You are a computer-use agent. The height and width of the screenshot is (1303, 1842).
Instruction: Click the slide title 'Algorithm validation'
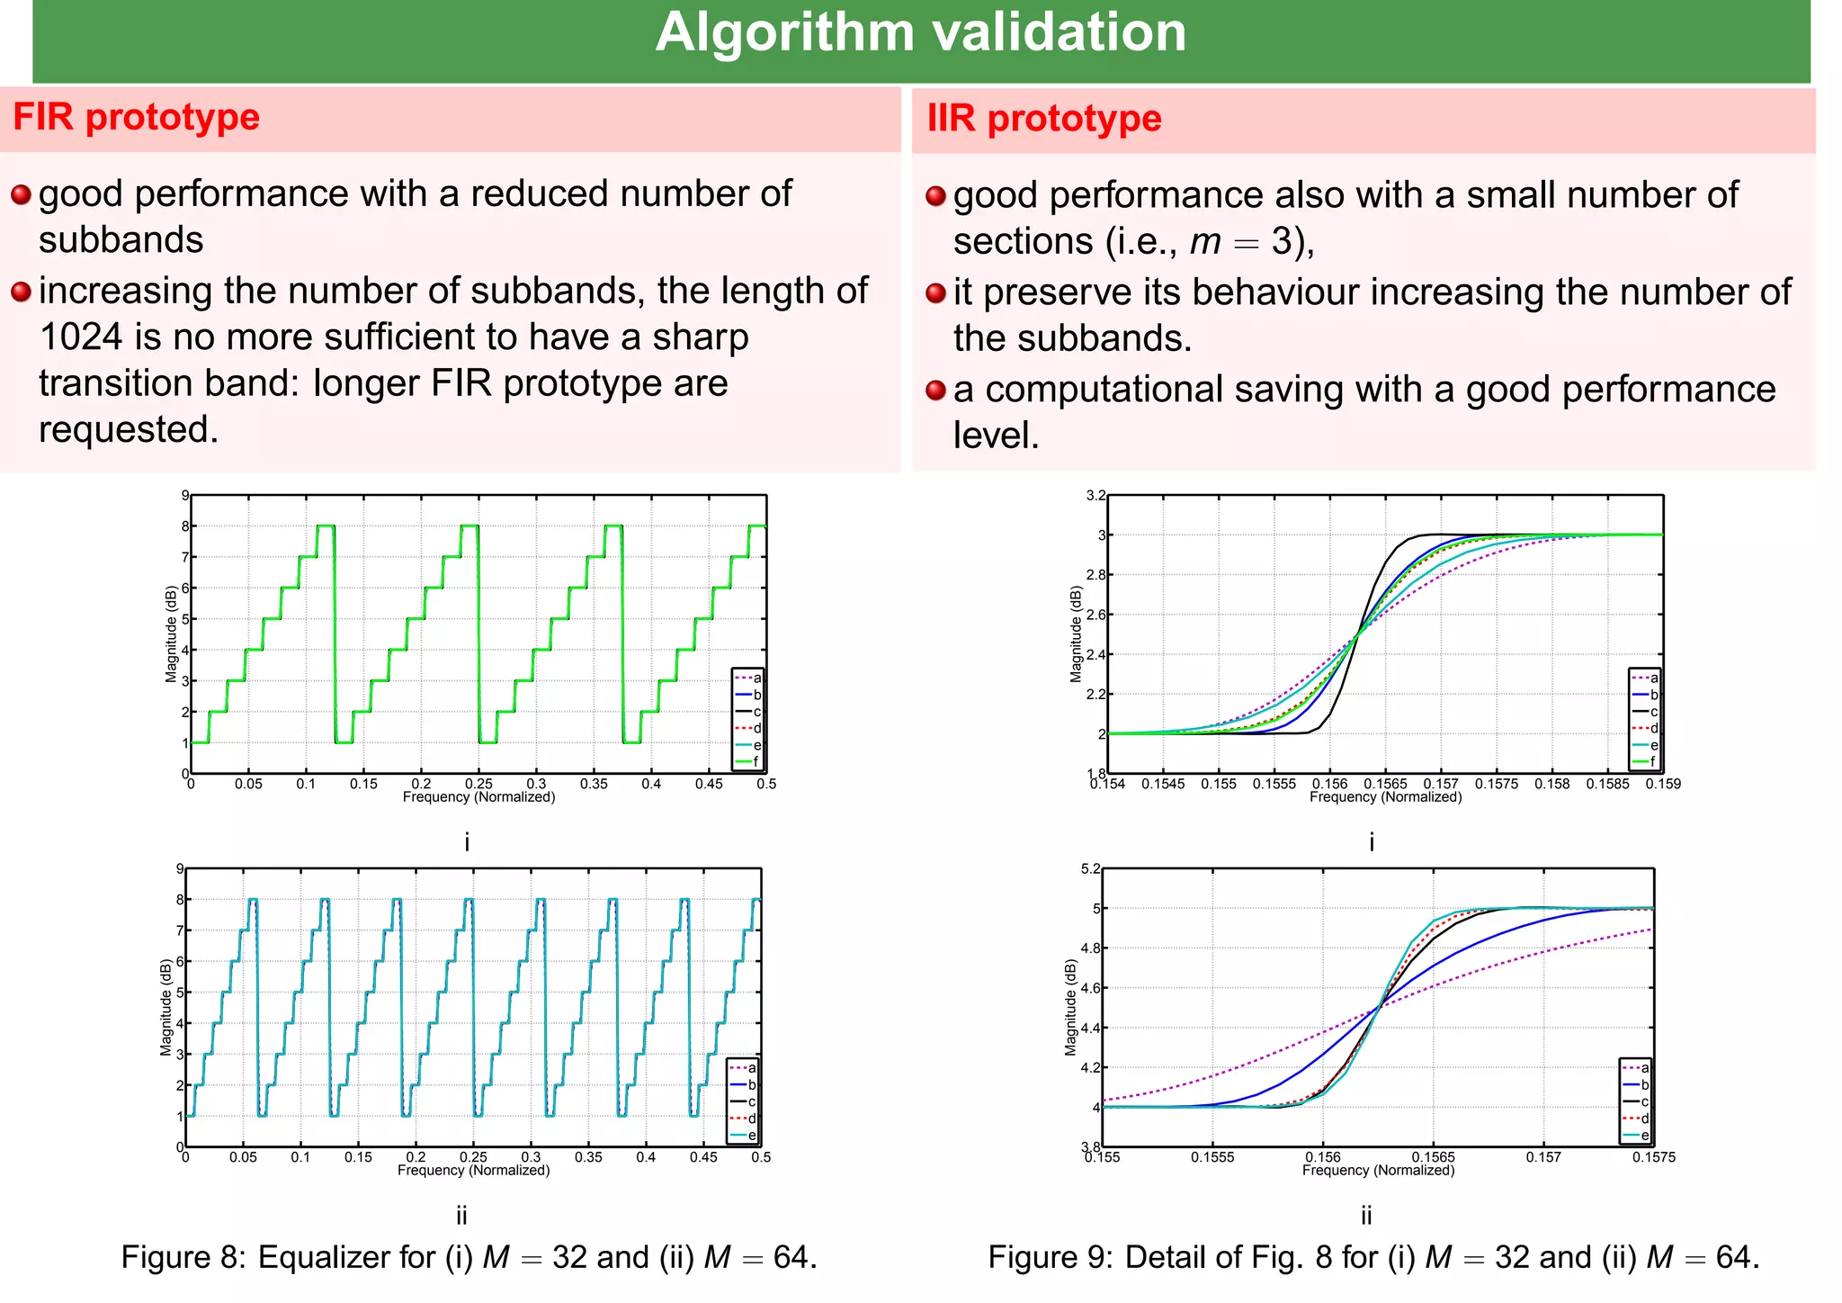[x=920, y=33]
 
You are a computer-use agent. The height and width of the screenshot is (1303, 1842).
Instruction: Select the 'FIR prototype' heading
[x=136, y=118]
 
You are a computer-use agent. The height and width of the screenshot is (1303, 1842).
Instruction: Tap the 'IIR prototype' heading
[x=1043, y=119]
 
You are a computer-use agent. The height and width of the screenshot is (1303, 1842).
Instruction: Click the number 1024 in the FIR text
[x=81, y=337]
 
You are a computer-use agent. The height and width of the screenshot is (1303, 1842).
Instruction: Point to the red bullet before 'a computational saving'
[x=935, y=391]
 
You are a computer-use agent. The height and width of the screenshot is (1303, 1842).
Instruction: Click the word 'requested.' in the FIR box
[x=129, y=430]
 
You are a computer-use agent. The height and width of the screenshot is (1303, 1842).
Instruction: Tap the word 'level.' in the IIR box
[x=996, y=436]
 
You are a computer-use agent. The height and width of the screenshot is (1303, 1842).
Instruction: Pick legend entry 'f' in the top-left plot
[x=756, y=762]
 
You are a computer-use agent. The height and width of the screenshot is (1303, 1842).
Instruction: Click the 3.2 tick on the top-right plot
[x=1095, y=496]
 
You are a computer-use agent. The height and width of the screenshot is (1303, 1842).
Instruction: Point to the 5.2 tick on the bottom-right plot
[x=1090, y=869]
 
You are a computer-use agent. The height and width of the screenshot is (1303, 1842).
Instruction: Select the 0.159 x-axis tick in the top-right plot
[x=1663, y=785]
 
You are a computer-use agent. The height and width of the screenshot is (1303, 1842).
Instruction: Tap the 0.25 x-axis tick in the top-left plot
[x=478, y=785]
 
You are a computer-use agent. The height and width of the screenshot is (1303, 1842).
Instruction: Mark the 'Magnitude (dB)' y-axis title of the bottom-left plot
[x=165, y=1008]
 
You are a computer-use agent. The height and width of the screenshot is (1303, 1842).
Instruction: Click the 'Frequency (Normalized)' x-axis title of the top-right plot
[x=1385, y=797]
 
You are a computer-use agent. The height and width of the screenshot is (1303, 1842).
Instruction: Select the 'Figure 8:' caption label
[x=183, y=1258]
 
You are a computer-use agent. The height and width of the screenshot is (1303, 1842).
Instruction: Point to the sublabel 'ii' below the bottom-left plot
[x=461, y=1217]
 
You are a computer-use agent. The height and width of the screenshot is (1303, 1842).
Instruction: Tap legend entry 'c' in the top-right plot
[x=1654, y=712]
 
